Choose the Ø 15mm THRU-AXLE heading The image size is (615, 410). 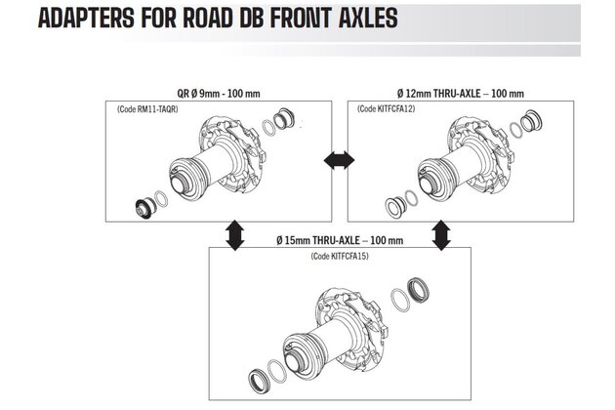(x=342, y=240)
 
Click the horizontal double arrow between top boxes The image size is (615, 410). (x=335, y=157)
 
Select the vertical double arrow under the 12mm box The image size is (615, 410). (x=440, y=232)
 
